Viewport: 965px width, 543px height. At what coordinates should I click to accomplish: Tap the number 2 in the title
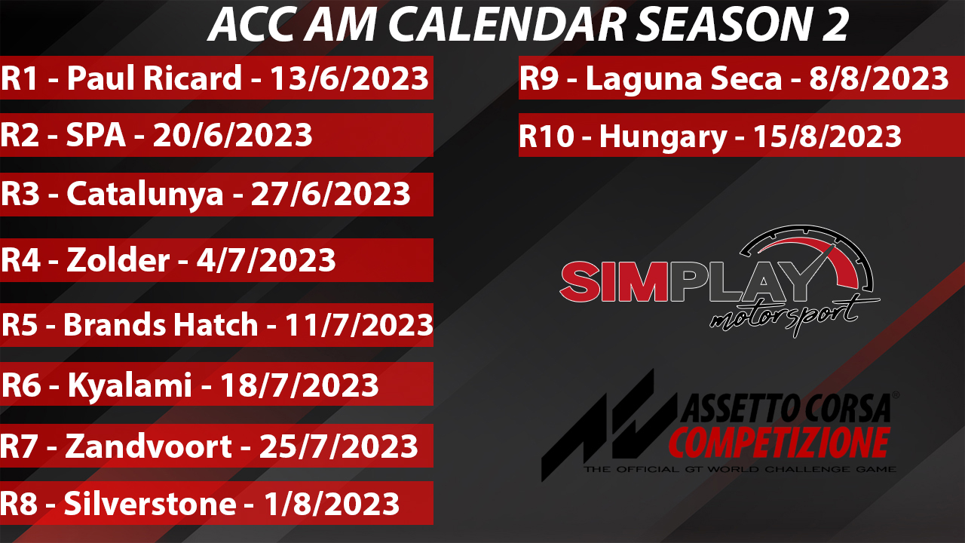(835, 24)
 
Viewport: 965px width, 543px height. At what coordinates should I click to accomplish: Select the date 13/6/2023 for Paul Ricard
(349, 78)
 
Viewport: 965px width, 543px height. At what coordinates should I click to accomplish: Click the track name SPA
(96, 135)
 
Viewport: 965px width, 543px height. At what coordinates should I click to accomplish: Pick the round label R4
(20, 260)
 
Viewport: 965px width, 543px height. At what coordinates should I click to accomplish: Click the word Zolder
(118, 259)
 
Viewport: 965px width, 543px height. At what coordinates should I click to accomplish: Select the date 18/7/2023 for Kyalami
(299, 385)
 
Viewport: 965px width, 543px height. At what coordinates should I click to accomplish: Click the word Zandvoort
(149, 446)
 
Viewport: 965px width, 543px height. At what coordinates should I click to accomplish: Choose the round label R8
(19, 503)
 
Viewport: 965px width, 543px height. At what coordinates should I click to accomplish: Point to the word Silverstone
(150, 503)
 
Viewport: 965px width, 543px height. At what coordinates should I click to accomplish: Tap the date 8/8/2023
(879, 78)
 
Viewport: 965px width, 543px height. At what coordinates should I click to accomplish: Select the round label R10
(547, 137)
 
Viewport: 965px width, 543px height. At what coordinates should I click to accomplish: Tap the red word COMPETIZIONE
(779, 443)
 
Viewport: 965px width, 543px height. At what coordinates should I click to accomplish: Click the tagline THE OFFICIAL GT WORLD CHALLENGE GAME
(740, 469)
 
